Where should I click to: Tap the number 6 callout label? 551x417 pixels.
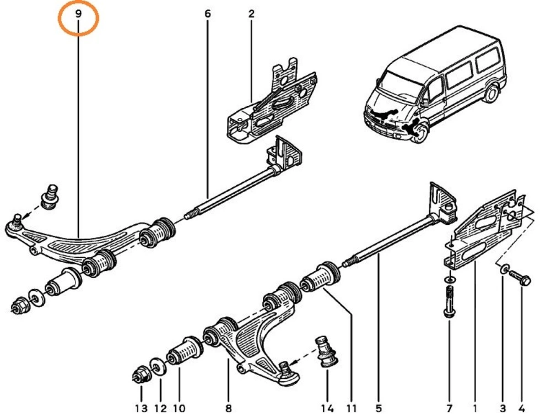(208, 14)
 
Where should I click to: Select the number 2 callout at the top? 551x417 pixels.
(251, 14)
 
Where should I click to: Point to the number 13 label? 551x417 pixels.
(141, 408)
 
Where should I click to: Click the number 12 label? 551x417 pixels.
(160, 408)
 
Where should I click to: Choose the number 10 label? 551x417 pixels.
(179, 408)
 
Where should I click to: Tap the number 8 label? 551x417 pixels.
(228, 408)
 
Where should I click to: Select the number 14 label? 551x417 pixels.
(327, 408)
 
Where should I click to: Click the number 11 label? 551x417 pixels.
(352, 408)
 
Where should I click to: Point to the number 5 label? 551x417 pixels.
(379, 408)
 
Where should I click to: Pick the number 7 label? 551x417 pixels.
(449, 408)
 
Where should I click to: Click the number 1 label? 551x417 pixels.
(474, 408)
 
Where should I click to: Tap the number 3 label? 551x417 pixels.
(503, 408)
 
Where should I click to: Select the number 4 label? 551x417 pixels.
(521, 408)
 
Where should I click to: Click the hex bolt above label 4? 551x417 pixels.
(521, 278)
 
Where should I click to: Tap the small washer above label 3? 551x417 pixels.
(504, 269)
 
